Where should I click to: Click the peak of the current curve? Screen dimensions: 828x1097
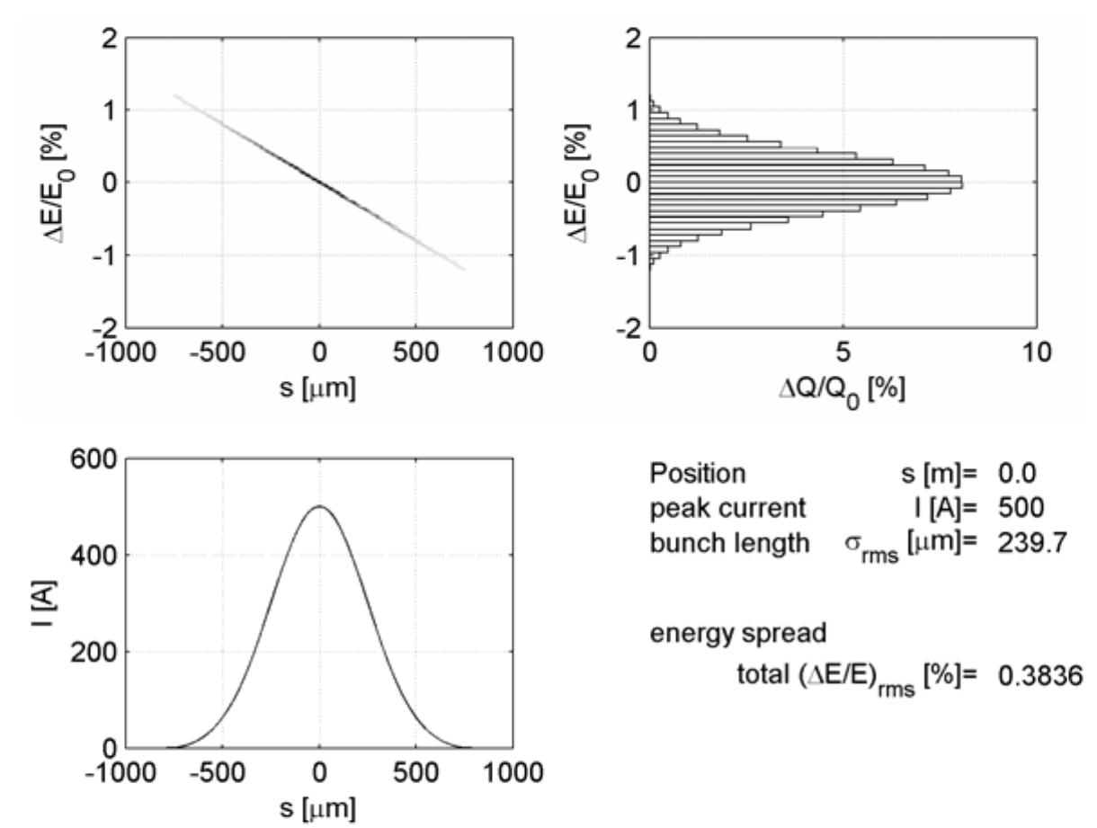click(x=320, y=506)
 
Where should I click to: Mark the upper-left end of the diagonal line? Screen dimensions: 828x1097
click(x=176, y=95)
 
